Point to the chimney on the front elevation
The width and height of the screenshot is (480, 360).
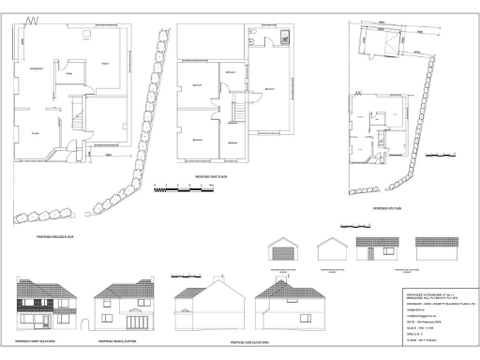[28, 280]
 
